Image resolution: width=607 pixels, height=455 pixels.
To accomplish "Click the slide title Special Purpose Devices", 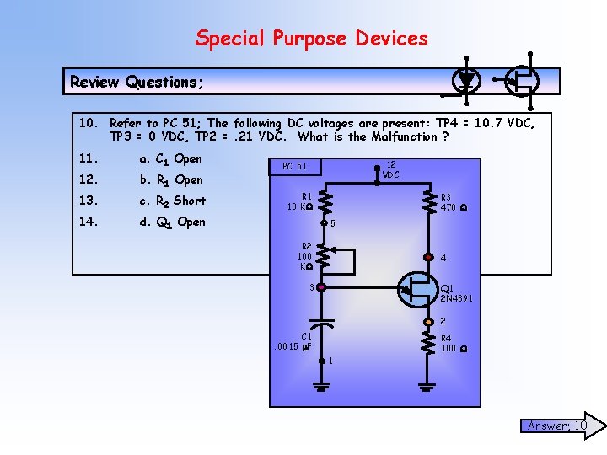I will coord(311,39).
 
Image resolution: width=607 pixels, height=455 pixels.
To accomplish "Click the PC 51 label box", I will coord(294,166).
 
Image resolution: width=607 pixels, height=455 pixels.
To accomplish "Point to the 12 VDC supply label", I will coord(391,169).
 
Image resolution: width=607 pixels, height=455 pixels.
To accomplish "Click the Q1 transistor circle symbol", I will coord(418,288).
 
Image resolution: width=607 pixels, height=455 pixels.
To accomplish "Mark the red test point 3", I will coord(321,287).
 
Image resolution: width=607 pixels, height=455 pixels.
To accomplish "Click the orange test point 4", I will coord(428,258).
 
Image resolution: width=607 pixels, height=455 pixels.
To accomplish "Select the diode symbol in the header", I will coord(466,80).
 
